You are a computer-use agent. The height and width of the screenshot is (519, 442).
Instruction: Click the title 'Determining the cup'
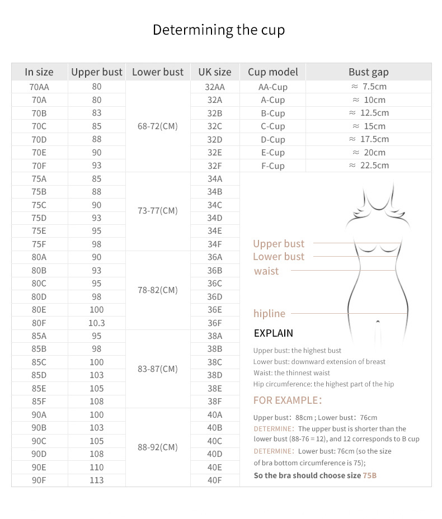(x=219, y=30)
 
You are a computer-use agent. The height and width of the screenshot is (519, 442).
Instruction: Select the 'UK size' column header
(x=214, y=72)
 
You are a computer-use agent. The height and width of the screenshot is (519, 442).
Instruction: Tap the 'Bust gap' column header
(x=368, y=72)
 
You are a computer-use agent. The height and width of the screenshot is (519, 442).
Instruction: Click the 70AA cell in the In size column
(x=39, y=87)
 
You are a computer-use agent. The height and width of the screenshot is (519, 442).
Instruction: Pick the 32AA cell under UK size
(x=215, y=87)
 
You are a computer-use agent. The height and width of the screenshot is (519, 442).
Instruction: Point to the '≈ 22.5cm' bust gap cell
(x=369, y=166)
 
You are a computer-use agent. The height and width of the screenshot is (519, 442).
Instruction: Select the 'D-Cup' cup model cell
(x=272, y=139)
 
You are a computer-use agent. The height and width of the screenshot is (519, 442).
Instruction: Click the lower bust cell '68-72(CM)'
(x=157, y=126)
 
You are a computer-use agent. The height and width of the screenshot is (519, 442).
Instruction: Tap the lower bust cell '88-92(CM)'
(x=157, y=447)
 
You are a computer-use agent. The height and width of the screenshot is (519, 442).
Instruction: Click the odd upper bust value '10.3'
(x=96, y=323)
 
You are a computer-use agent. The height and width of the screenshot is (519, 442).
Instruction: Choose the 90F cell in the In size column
(x=39, y=480)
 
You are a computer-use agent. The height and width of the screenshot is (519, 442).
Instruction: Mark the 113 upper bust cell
(x=96, y=480)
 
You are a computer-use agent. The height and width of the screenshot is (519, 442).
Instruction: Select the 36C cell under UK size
(x=215, y=284)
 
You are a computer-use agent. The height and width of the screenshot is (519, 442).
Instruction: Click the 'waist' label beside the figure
(x=266, y=271)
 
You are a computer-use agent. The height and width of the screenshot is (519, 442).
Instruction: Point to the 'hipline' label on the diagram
(x=269, y=314)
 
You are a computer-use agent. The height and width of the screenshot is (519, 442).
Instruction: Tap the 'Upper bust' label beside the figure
(x=279, y=244)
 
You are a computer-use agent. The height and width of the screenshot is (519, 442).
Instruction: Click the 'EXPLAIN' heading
(x=273, y=333)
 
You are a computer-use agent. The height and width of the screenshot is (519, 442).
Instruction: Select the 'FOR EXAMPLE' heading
(x=287, y=400)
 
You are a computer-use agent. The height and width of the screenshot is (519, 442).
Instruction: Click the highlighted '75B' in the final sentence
(x=369, y=475)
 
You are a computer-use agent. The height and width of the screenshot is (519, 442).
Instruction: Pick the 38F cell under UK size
(x=215, y=402)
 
